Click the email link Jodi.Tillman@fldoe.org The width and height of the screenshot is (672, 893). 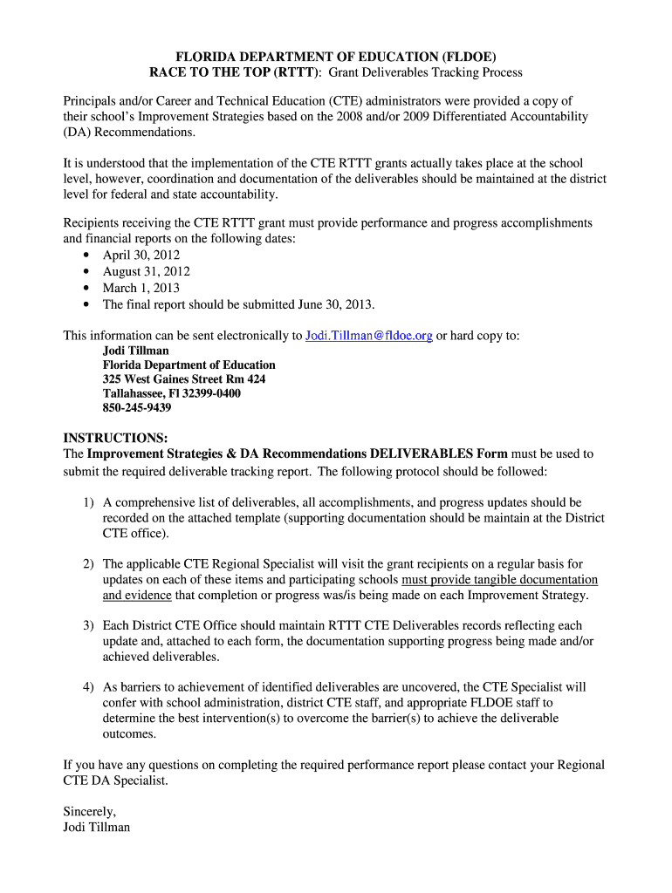pos(368,336)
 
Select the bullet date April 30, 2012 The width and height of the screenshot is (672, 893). pos(141,255)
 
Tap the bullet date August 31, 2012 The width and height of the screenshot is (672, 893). pos(147,271)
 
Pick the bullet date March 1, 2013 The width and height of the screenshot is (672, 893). pos(141,288)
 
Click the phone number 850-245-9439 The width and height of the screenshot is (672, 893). pos(137,407)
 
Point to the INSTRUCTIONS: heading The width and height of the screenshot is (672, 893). pos(115,437)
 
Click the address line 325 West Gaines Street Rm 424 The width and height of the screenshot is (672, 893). pos(184,379)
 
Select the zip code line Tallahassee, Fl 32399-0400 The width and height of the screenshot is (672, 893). pos(172,393)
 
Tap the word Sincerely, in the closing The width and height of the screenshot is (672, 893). pos(90,811)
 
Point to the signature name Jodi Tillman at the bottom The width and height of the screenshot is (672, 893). pos(97,827)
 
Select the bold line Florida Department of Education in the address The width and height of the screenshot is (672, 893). pos(189,365)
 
